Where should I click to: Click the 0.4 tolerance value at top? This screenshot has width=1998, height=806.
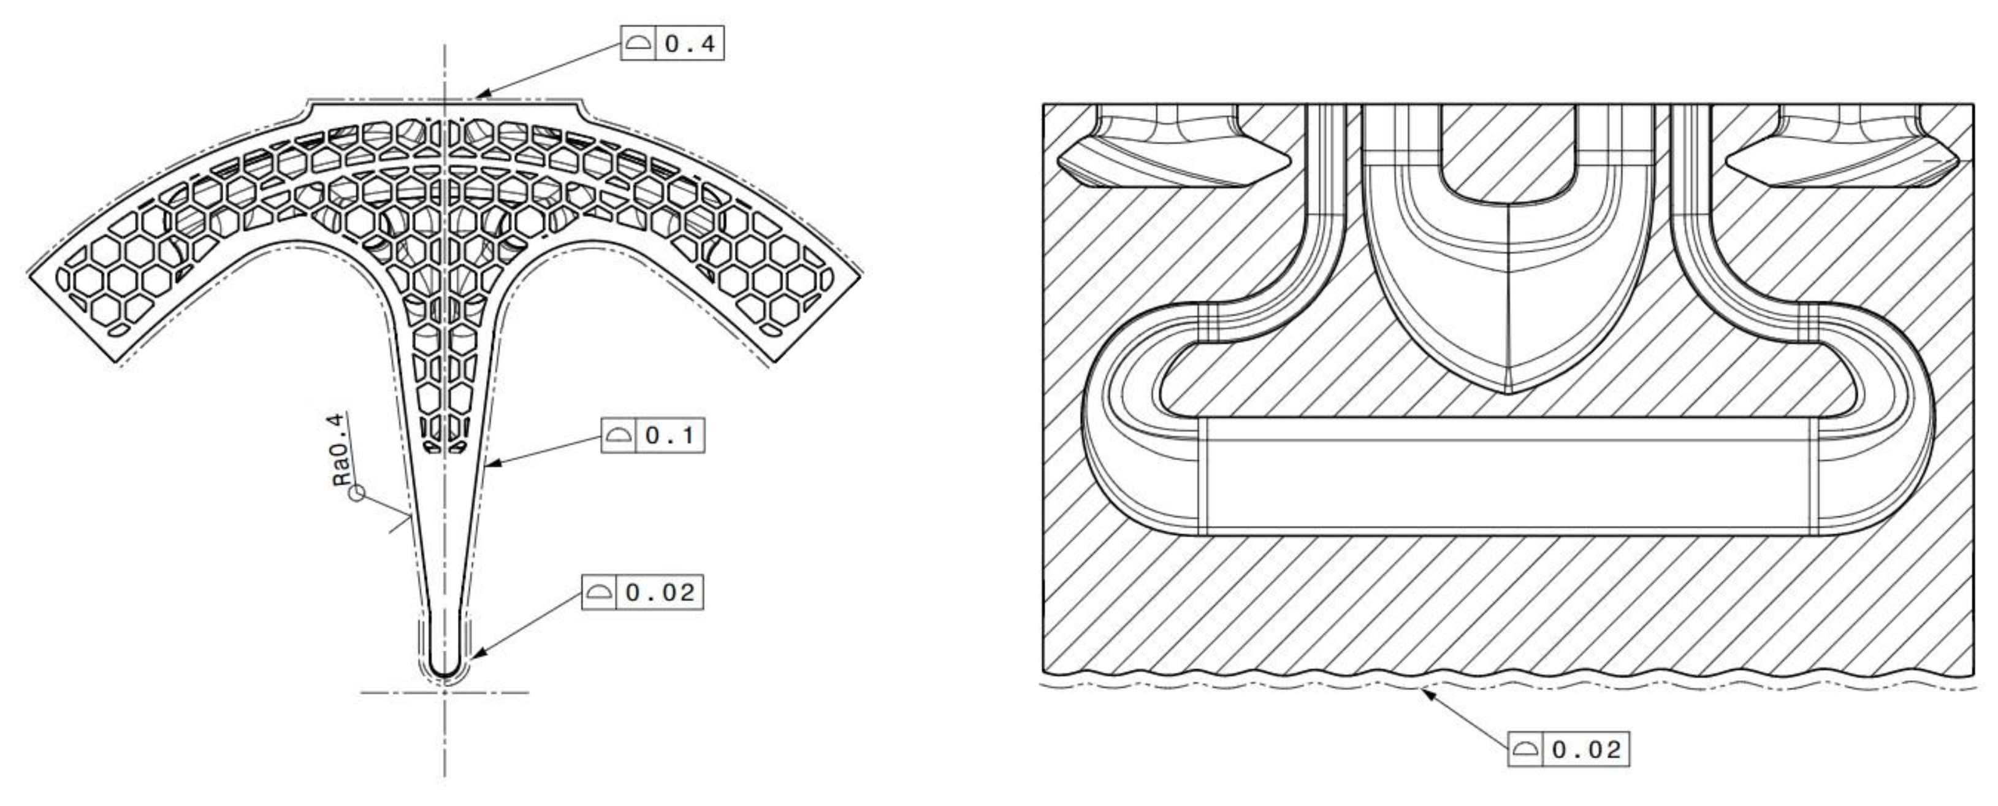click(x=690, y=44)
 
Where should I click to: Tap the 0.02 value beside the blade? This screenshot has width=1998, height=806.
click(x=659, y=593)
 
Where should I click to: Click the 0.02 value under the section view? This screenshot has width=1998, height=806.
click(x=1585, y=750)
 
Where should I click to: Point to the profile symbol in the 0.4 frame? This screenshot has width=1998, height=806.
click(x=638, y=44)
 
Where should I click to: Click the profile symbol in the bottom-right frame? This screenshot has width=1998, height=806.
click(x=1525, y=750)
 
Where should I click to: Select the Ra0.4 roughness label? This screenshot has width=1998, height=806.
click(x=340, y=450)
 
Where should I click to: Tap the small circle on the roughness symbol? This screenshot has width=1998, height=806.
click(x=357, y=493)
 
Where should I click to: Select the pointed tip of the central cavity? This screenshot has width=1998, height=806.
click(x=1507, y=392)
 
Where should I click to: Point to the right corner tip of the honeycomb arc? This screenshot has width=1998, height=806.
click(x=861, y=272)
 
